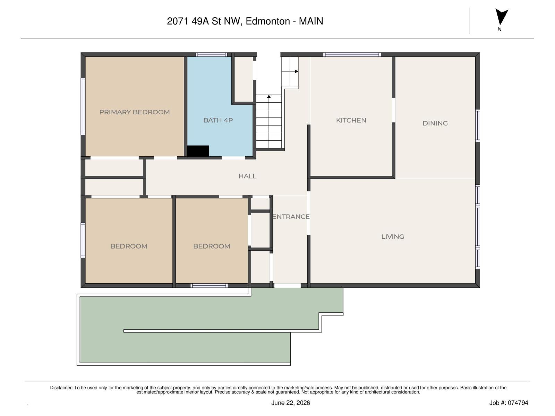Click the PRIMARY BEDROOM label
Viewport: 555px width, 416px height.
coord(135,112)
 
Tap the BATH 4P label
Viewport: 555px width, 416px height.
coord(218,120)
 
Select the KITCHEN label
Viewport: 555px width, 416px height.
coord(351,121)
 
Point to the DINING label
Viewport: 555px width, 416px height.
coord(435,123)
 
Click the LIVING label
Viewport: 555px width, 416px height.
coord(393,237)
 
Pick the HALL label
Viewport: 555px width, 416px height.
coord(248,176)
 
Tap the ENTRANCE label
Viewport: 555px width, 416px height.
coord(291,217)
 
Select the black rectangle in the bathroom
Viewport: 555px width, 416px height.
coord(198,151)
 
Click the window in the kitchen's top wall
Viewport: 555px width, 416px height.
coord(352,54)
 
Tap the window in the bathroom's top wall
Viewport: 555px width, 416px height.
coord(211,54)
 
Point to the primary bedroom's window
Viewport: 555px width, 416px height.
coord(83,106)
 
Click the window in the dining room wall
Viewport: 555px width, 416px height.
coord(478,125)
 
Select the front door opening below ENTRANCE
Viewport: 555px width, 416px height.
coord(288,286)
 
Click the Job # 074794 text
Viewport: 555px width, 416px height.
coord(509,403)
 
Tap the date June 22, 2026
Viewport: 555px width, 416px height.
coord(291,403)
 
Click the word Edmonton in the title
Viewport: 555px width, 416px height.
coord(268,21)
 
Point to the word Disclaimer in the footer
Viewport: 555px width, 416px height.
coord(61,388)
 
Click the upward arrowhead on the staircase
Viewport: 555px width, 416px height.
coord(269,96)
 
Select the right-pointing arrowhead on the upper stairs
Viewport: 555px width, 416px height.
coord(297,71)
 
